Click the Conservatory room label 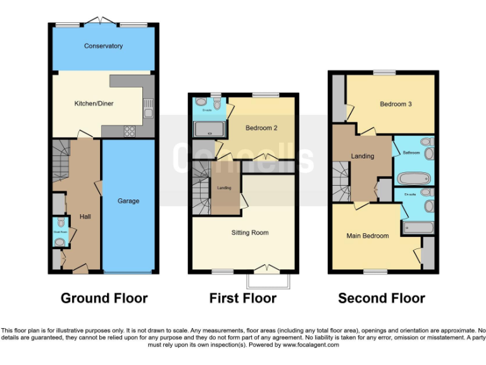103,46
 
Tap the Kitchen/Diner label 94,103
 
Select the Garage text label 128,202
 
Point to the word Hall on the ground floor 85,217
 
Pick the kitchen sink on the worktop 147,108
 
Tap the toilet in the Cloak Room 60,222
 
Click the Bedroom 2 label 261,128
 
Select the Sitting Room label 249,233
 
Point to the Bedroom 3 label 396,104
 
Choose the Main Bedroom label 367,236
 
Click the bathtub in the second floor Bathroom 412,179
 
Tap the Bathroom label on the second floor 412,153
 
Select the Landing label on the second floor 363,156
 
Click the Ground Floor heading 104,298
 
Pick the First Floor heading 243,298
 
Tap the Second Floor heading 381,298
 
